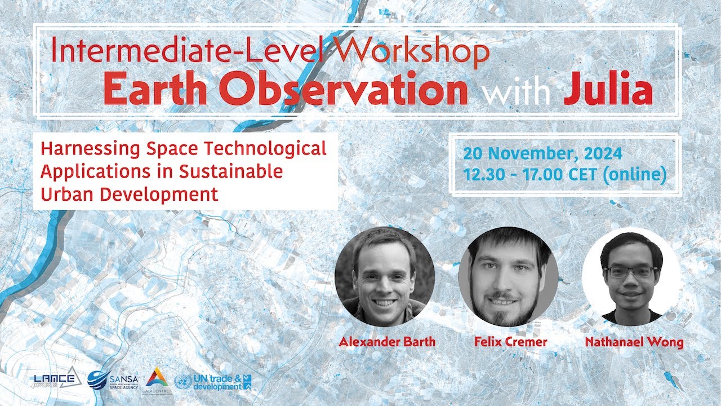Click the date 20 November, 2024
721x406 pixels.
pyautogui.click(x=542, y=153)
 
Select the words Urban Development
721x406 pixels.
pyautogui.click(x=129, y=194)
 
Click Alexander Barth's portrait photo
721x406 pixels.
pyautogui.click(x=385, y=276)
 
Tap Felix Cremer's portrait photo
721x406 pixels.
pyautogui.click(x=508, y=276)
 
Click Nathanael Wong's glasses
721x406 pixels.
pyautogui.click(x=630, y=272)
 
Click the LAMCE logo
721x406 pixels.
pyautogui.click(x=55, y=379)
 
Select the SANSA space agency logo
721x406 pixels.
pyautogui.click(x=113, y=379)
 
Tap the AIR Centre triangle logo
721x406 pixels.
pyautogui.click(x=157, y=378)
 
